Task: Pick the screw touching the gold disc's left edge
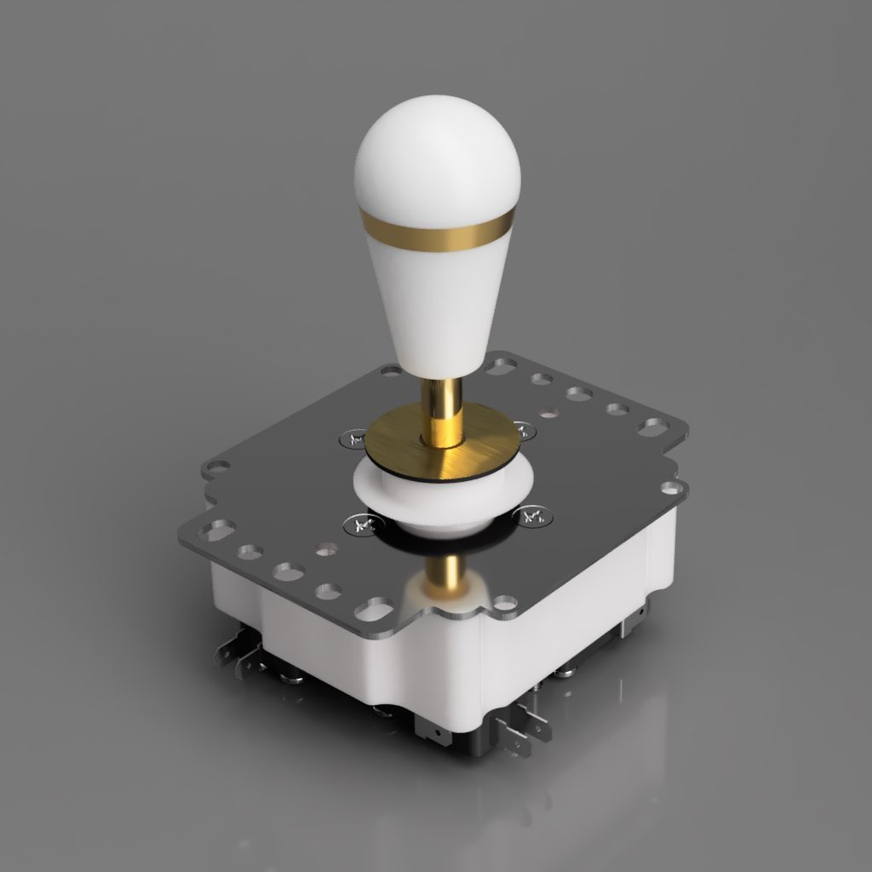(x=352, y=439)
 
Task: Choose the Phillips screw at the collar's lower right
(x=532, y=515)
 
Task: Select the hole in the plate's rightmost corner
(x=672, y=488)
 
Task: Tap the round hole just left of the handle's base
(x=391, y=371)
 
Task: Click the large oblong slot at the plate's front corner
(x=376, y=610)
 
